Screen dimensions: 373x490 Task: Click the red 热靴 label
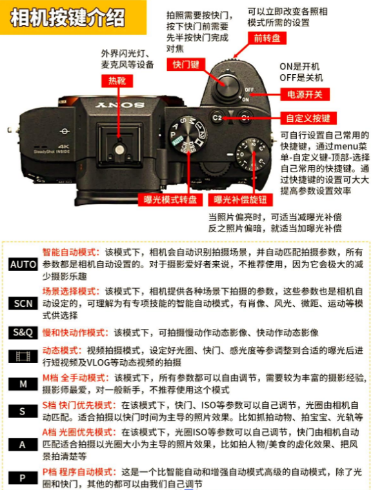[117, 81]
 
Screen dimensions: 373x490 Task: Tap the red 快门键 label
[186, 64]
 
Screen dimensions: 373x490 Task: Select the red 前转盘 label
[267, 38]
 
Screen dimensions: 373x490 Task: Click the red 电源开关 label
[305, 94]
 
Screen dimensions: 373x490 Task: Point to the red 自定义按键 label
[308, 118]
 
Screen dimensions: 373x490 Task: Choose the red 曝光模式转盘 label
[170, 199]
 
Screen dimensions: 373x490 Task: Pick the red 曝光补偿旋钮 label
[241, 199]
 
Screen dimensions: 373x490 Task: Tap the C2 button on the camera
[217, 118]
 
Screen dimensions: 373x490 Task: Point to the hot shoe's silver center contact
[119, 150]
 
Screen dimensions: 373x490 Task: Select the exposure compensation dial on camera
[252, 155]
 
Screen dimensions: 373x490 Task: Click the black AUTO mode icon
[23, 264]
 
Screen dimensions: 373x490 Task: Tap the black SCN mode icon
[23, 303]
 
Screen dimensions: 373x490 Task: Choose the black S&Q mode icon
[23, 333]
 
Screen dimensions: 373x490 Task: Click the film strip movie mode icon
[23, 357]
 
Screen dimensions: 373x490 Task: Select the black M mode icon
[23, 384]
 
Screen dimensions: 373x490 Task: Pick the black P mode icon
[23, 478]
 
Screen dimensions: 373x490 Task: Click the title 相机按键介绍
[68, 17]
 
